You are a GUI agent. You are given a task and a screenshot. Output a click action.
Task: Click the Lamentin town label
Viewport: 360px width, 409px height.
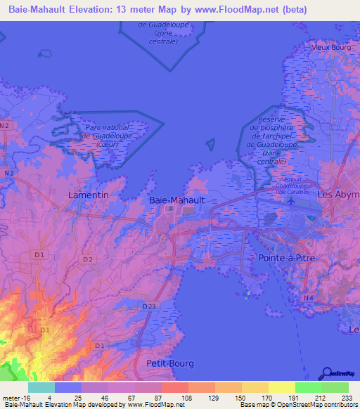(x=89, y=194)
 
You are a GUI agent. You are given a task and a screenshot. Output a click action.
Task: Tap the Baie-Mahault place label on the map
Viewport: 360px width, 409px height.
(x=177, y=200)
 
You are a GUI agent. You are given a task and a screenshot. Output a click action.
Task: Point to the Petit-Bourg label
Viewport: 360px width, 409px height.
(x=170, y=363)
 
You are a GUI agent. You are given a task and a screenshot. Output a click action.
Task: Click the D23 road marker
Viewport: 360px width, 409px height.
(x=149, y=306)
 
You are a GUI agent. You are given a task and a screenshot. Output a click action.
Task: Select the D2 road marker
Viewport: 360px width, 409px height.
(x=87, y=259)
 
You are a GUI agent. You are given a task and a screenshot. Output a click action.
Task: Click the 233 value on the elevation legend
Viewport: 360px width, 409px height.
(x=347, y=398)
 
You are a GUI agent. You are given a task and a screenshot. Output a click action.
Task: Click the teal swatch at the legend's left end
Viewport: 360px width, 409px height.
(x=41, y=387)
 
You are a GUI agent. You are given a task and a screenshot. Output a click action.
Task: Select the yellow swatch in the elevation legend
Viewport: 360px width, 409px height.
(x=281, y=387)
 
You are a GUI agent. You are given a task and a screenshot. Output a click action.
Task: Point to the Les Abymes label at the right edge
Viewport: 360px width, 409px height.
(x=338, y=194)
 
